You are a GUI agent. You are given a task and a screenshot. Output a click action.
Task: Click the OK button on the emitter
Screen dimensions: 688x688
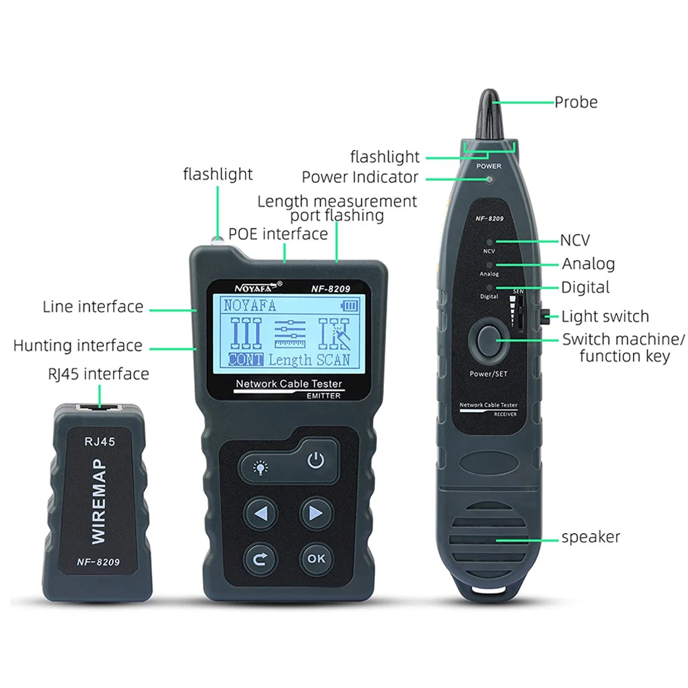coord(316,559)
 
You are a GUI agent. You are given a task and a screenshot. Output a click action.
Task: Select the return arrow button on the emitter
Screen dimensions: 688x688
coord(259,559)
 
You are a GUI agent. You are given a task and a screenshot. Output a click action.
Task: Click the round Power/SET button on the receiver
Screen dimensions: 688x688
coord(488,340)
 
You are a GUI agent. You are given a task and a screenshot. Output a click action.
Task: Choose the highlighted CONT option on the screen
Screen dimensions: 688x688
coord(246,359)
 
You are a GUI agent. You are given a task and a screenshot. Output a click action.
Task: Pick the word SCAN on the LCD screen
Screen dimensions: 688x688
coord(333,359)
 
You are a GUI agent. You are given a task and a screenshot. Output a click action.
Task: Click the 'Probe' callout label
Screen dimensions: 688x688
coord(576,102)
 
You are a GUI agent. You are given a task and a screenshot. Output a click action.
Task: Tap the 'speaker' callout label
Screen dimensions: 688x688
coord(590,537)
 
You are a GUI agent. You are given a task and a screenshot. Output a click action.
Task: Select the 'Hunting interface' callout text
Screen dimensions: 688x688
coord(78,345)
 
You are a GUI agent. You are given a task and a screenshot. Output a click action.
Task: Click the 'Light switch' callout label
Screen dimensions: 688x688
coord(605,316)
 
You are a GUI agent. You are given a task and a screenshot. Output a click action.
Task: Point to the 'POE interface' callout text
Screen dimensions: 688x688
coord(278,234)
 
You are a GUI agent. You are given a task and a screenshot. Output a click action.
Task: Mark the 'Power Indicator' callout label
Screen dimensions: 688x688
coord(360,177)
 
